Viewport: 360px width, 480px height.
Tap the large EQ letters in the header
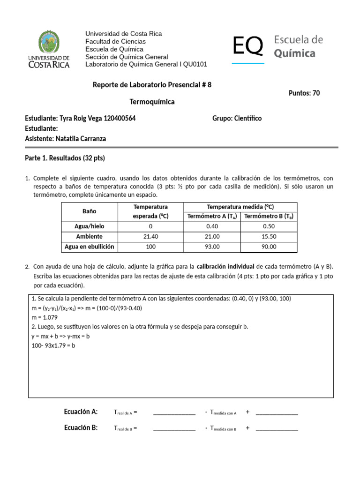coord(248,46)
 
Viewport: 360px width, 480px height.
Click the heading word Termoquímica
coord(152,102)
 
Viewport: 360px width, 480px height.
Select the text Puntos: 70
coord(304,93)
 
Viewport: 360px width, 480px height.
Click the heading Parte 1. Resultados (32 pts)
coord(65,158)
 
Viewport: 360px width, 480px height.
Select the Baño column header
coord(89,211)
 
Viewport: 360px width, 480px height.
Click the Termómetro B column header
coord(269,216)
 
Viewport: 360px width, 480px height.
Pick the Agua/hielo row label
coord(89,226)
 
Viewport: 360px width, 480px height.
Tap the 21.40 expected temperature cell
coord(150,236)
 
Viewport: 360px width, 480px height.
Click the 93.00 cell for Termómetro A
coord(212,247)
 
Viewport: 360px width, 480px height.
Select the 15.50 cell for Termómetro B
coord(269,236)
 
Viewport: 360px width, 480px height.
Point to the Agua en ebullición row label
coord(89,247)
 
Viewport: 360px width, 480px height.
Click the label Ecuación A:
coord(81,412)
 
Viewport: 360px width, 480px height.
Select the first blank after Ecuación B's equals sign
coord(174,428)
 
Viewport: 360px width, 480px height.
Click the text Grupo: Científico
coord(237,119)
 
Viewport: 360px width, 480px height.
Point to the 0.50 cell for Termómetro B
coord(269,226)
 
